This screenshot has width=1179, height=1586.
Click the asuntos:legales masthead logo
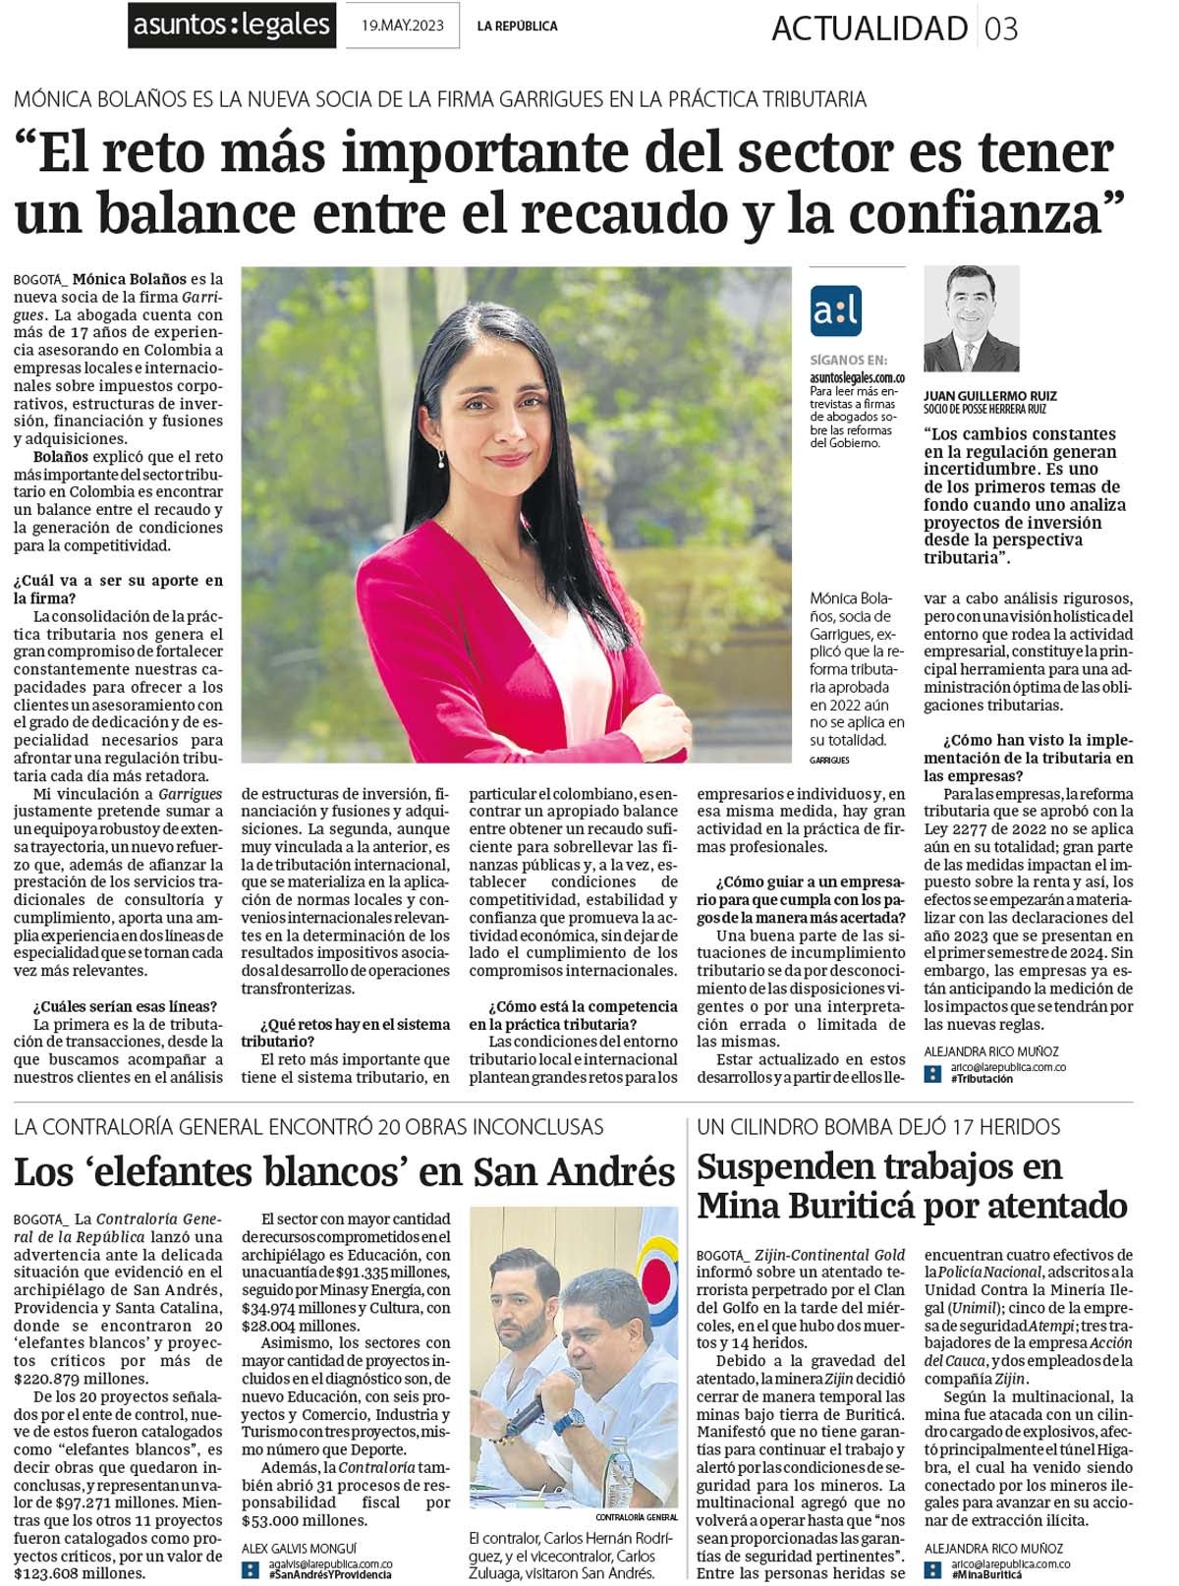233,26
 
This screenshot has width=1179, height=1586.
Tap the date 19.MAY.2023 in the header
403,27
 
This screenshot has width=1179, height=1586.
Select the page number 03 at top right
1001,28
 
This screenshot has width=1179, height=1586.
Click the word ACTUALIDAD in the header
870,28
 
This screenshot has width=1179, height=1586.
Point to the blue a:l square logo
835,312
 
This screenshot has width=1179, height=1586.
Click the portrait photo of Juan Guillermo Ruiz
971,318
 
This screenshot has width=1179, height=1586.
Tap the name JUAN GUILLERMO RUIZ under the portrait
989,397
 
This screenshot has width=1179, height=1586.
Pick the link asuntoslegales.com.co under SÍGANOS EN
857,377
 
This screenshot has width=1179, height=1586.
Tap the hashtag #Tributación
982,1079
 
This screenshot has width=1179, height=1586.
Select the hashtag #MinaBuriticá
986,1574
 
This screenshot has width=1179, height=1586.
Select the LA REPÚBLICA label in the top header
517,27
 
